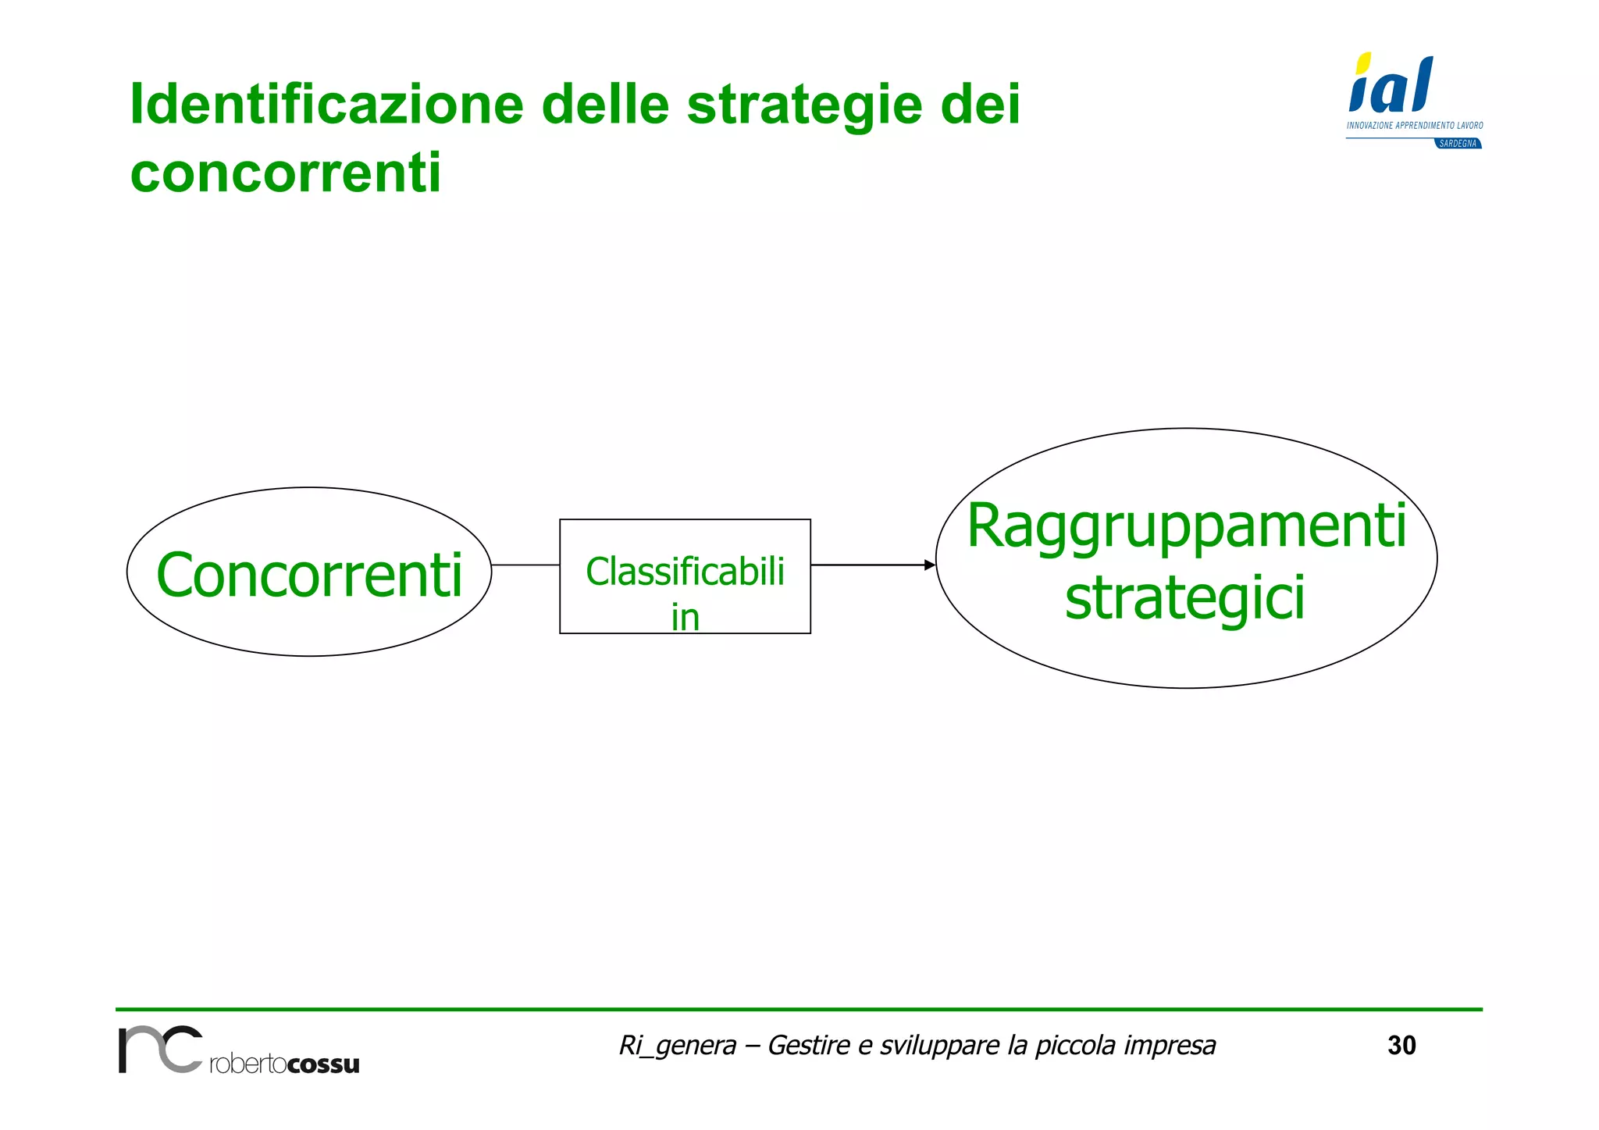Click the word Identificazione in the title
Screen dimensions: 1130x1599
pyautogui.click(x=326, y=104)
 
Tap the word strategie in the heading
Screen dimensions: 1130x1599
pyautogui.click(x=804, y=105)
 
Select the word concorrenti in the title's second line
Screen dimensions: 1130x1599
pyautogui.click(x=286, y=173)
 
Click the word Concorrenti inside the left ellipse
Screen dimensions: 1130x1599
pyautogui.click(x=309, y=576)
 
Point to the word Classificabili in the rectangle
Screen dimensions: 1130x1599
pyautogui.click(x=685, y=572)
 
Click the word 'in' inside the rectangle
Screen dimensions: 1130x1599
pyautogui.click(x=685, y=618)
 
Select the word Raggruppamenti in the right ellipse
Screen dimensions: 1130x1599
pyautogui.click(x=1186, y=527)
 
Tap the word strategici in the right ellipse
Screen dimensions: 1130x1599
pyautogui.click(x=1184, y=598)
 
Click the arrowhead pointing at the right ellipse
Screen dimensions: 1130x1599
pyautogui.click(x=929, y=565)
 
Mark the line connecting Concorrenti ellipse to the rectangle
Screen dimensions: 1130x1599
pyautogui.click(x=525, y=565)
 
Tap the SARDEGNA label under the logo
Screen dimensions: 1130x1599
pyautogui.click(x=1458, y=144)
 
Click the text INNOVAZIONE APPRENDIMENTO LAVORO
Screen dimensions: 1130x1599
pyautogui.click(x=1414, y=125)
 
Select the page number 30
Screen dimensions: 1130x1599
pyautogui.click(x=1401, y=1045)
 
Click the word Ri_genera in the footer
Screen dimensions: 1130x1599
pyautogui.click(x=677, y=1045)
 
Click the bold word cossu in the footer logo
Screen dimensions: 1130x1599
pyautogui.click(x=322, y=1064)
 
